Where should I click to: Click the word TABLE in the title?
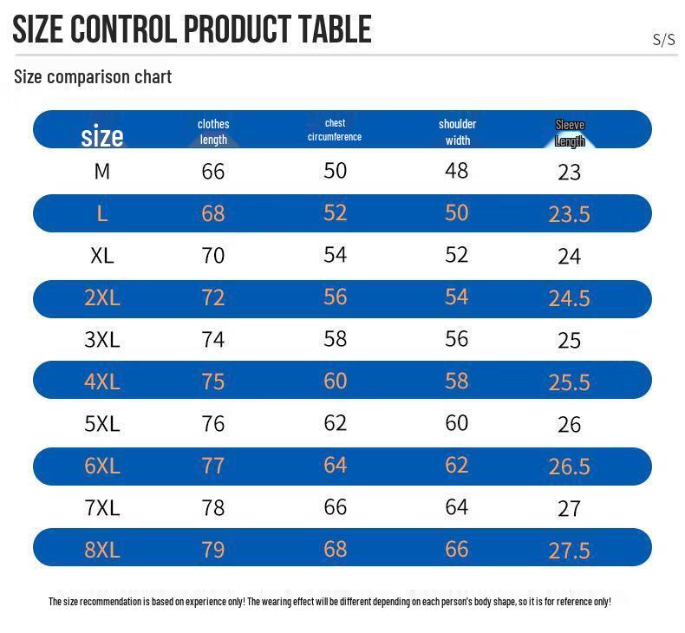335,29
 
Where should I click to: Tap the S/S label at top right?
663,39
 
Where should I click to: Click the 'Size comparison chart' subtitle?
93,76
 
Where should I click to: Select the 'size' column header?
102,135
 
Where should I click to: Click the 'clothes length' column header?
213,132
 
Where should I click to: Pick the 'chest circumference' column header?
335,130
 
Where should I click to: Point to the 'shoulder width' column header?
457,132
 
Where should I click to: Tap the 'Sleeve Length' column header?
570,133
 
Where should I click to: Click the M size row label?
102,171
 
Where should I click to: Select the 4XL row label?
102,382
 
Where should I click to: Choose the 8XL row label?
102,550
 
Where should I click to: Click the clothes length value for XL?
213,256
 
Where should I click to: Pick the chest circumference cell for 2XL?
335,297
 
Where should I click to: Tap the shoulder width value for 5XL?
456,422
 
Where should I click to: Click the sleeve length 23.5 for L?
569,214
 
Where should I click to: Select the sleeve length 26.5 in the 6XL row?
569,467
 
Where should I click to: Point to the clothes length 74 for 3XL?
213,339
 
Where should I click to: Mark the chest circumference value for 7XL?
335,506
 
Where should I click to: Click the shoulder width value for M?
456,170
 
